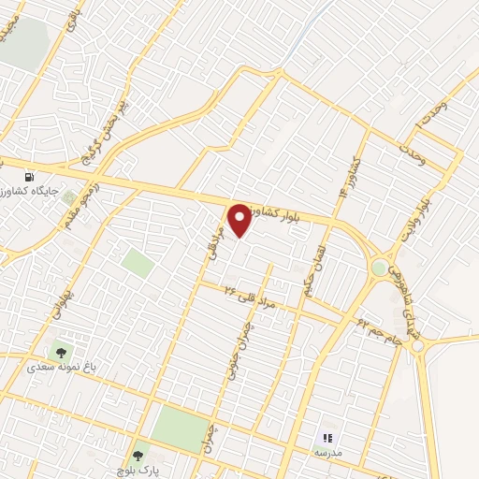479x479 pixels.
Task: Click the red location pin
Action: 241,220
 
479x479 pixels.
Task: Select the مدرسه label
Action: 327,451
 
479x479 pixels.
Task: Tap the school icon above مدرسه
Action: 327,437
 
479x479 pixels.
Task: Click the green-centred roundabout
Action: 378,269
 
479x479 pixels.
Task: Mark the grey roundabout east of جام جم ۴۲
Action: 417,347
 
